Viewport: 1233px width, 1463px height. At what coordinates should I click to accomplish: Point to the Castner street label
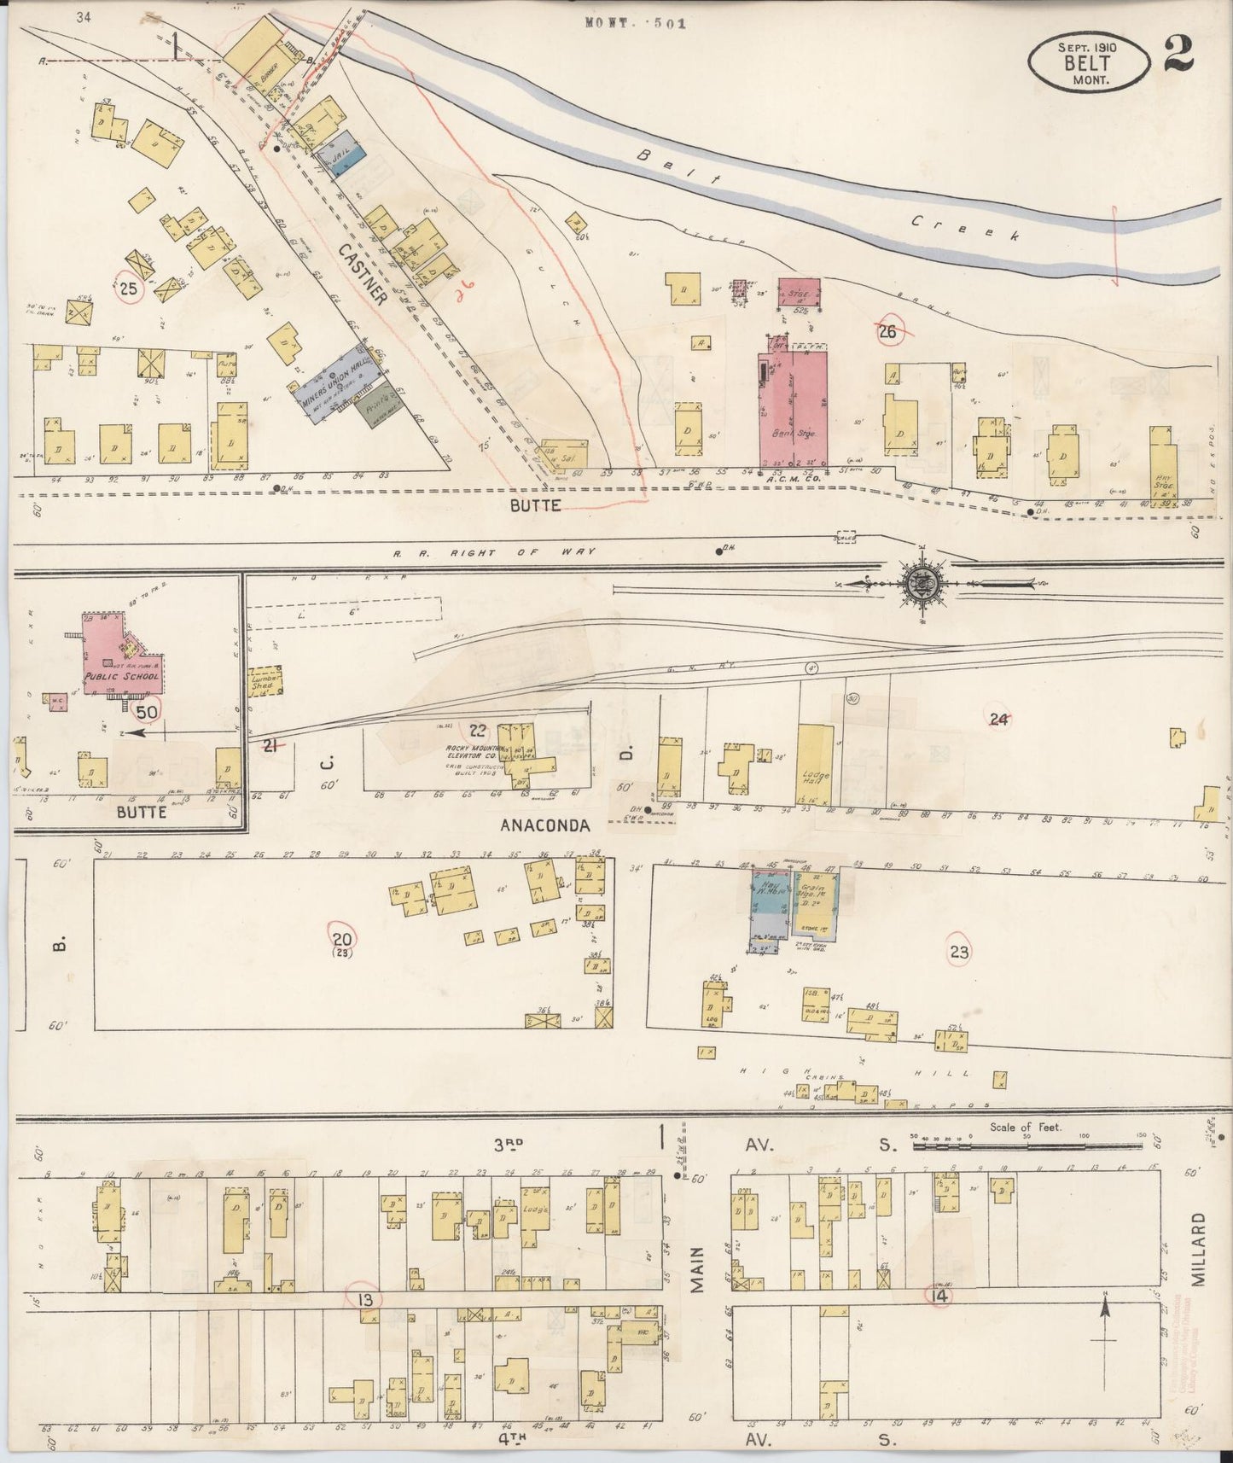pos(363,272)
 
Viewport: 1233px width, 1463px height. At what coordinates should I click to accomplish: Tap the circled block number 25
pos(129,289)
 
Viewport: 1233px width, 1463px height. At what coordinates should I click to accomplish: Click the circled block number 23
pos(959,952)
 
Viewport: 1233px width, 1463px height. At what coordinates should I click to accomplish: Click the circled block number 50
pos(147,711)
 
